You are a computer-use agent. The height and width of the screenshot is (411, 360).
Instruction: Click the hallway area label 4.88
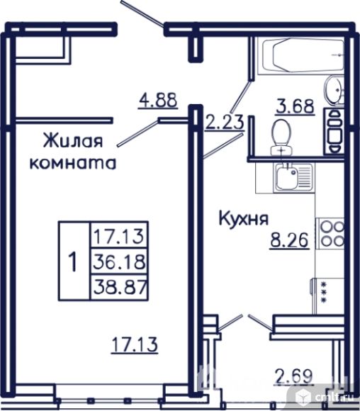point(157,100)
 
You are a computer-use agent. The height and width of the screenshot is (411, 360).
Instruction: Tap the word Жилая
point(72,138)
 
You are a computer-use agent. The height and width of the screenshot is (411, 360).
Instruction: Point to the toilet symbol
point(283,136)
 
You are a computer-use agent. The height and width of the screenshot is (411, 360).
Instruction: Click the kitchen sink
point(289,176)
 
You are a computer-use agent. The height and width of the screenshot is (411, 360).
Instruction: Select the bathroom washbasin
point(334,91)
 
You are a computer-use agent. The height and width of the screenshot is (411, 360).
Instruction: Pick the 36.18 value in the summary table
point(118,261)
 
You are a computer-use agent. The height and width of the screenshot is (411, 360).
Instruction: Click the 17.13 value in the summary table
point(118,235)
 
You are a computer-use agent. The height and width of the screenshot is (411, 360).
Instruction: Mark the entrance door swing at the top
point(145,16)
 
